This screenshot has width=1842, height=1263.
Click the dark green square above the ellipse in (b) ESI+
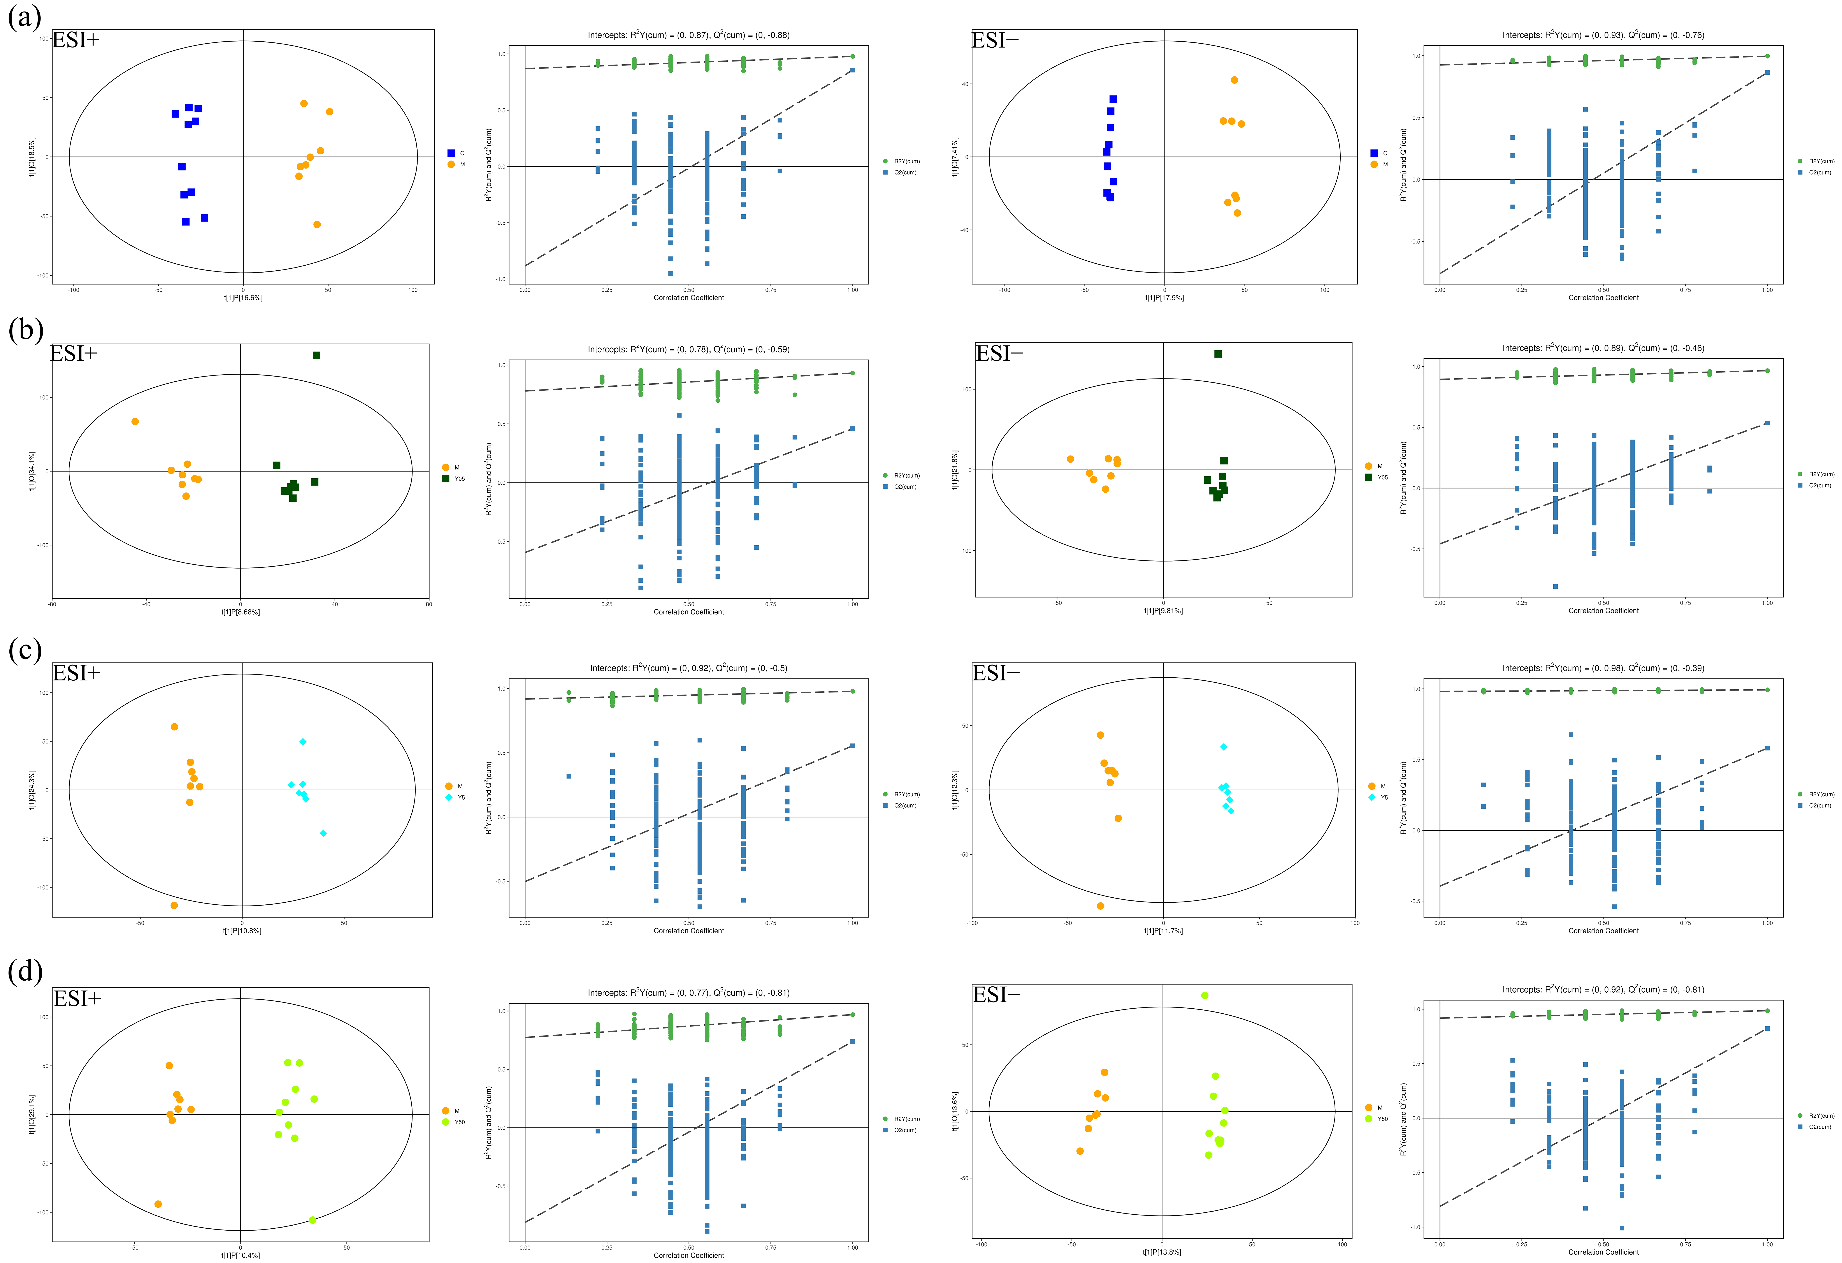coord(316,355)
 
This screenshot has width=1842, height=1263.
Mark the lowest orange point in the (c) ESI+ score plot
coord(174,905)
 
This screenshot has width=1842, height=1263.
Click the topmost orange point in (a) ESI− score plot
coord(1234,80)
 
